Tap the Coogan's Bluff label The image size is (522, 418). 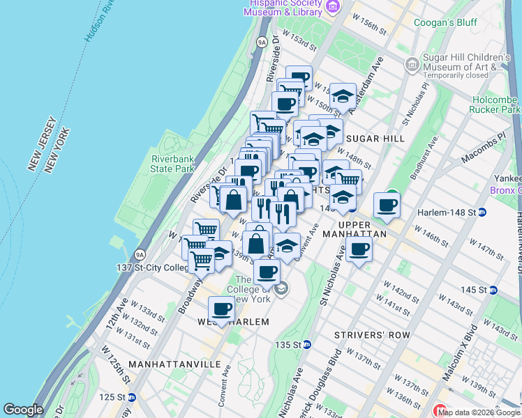click(447, 22)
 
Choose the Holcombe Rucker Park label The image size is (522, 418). click(495, 104)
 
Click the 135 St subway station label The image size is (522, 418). click(292, 345)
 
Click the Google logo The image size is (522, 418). click(23, 410)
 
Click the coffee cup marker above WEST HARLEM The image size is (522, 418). click(222, 308)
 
